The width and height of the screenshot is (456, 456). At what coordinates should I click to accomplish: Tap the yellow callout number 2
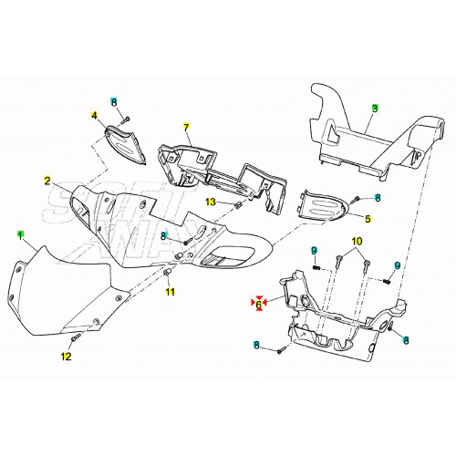(x=47, y=181)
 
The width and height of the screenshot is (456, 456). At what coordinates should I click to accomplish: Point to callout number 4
(x=93, y=116)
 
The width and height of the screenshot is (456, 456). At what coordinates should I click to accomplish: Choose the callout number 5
(x=368, y=219)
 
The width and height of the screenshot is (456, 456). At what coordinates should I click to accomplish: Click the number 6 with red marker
(x=258, y=305)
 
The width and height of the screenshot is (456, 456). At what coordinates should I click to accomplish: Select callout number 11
(x=169, y=292)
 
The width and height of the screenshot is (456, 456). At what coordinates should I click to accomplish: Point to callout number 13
(x=210, y=202)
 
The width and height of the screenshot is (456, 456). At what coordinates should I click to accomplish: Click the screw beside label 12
(x=77, y=339)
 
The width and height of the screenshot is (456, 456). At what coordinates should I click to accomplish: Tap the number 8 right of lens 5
(x=378, y=198)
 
